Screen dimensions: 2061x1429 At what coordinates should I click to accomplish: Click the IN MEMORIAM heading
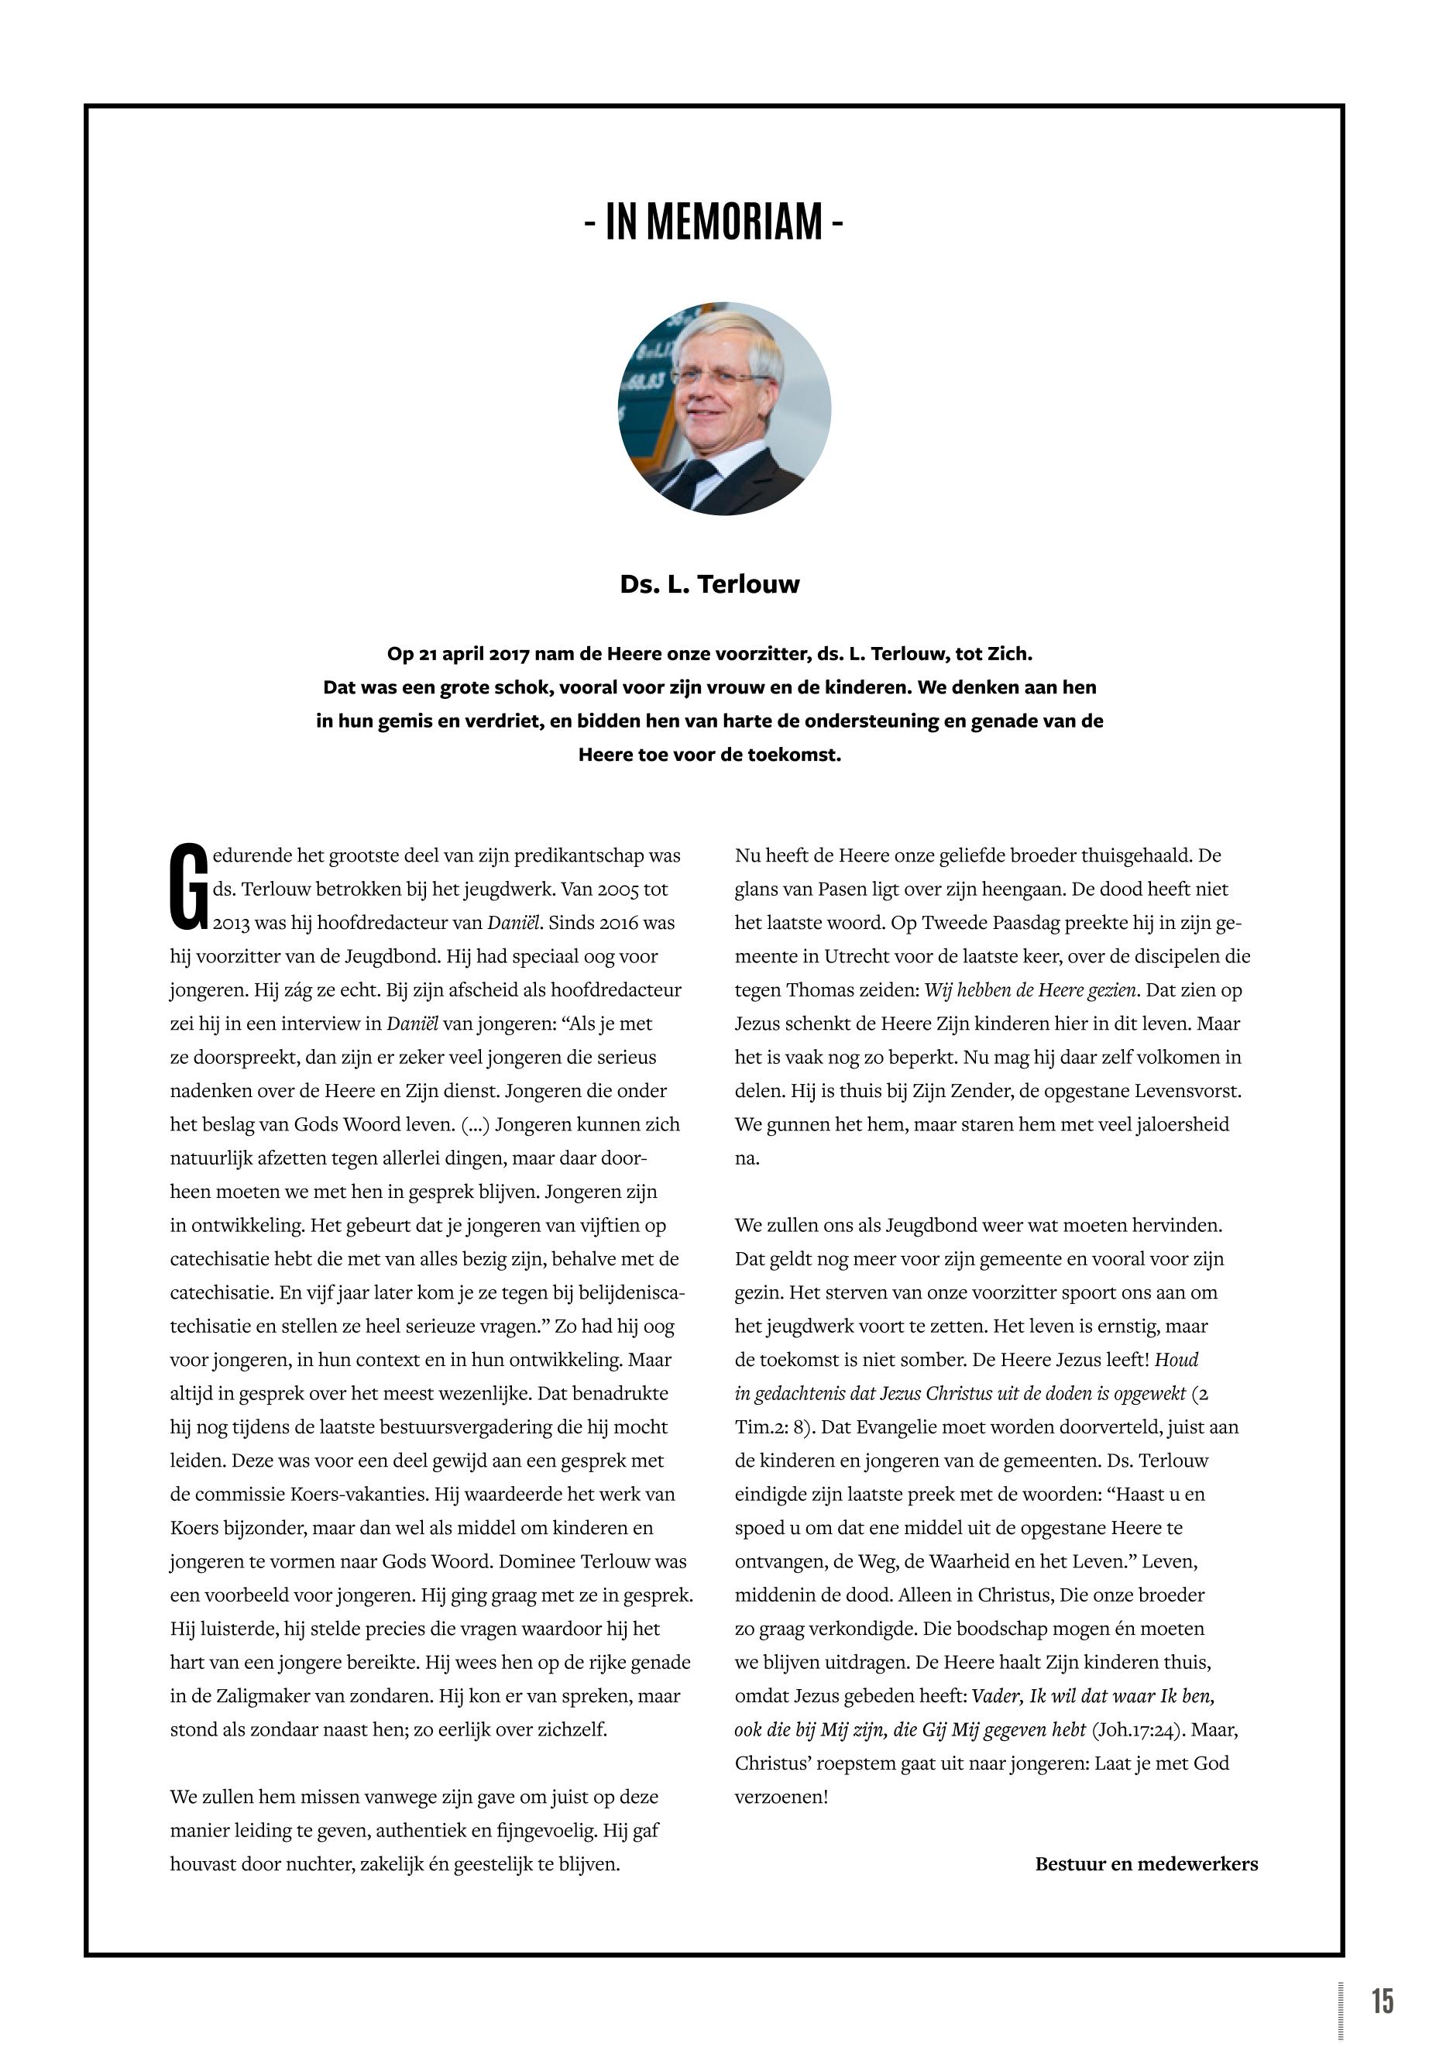[713, 222]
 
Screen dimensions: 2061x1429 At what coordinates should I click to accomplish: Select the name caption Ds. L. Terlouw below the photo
[709, 584]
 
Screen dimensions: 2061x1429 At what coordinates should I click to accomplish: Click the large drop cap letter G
[189, 886]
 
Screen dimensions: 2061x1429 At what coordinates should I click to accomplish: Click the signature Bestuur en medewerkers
[1146, 1864]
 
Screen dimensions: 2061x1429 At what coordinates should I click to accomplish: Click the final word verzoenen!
[781, 1797]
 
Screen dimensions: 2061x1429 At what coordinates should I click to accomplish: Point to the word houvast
[202, 1864]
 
